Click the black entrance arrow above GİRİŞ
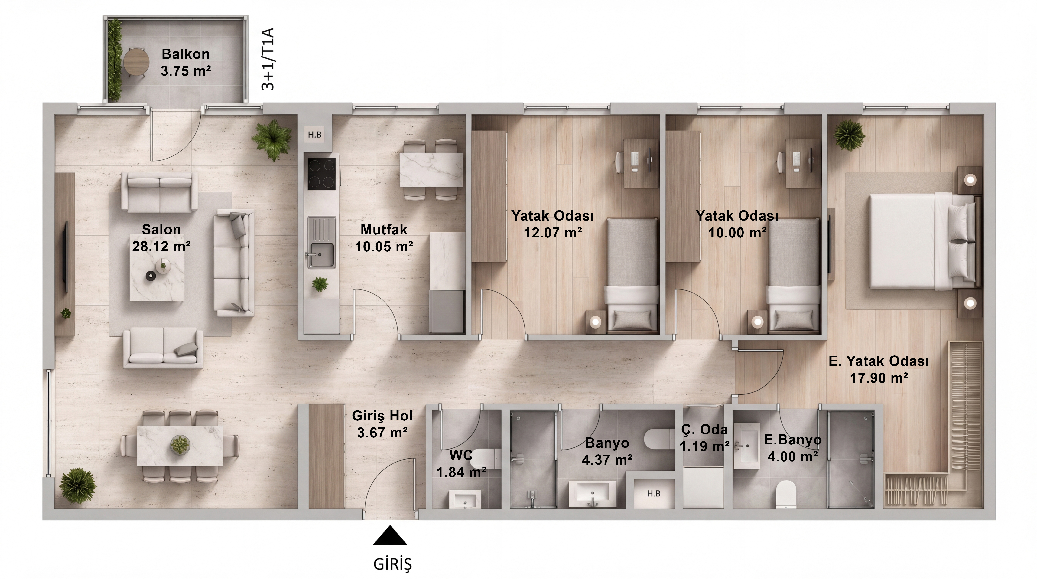[390, 536]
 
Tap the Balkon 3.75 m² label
[186, 62]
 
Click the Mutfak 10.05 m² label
[384, 238]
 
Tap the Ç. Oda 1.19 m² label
[704, 438]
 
